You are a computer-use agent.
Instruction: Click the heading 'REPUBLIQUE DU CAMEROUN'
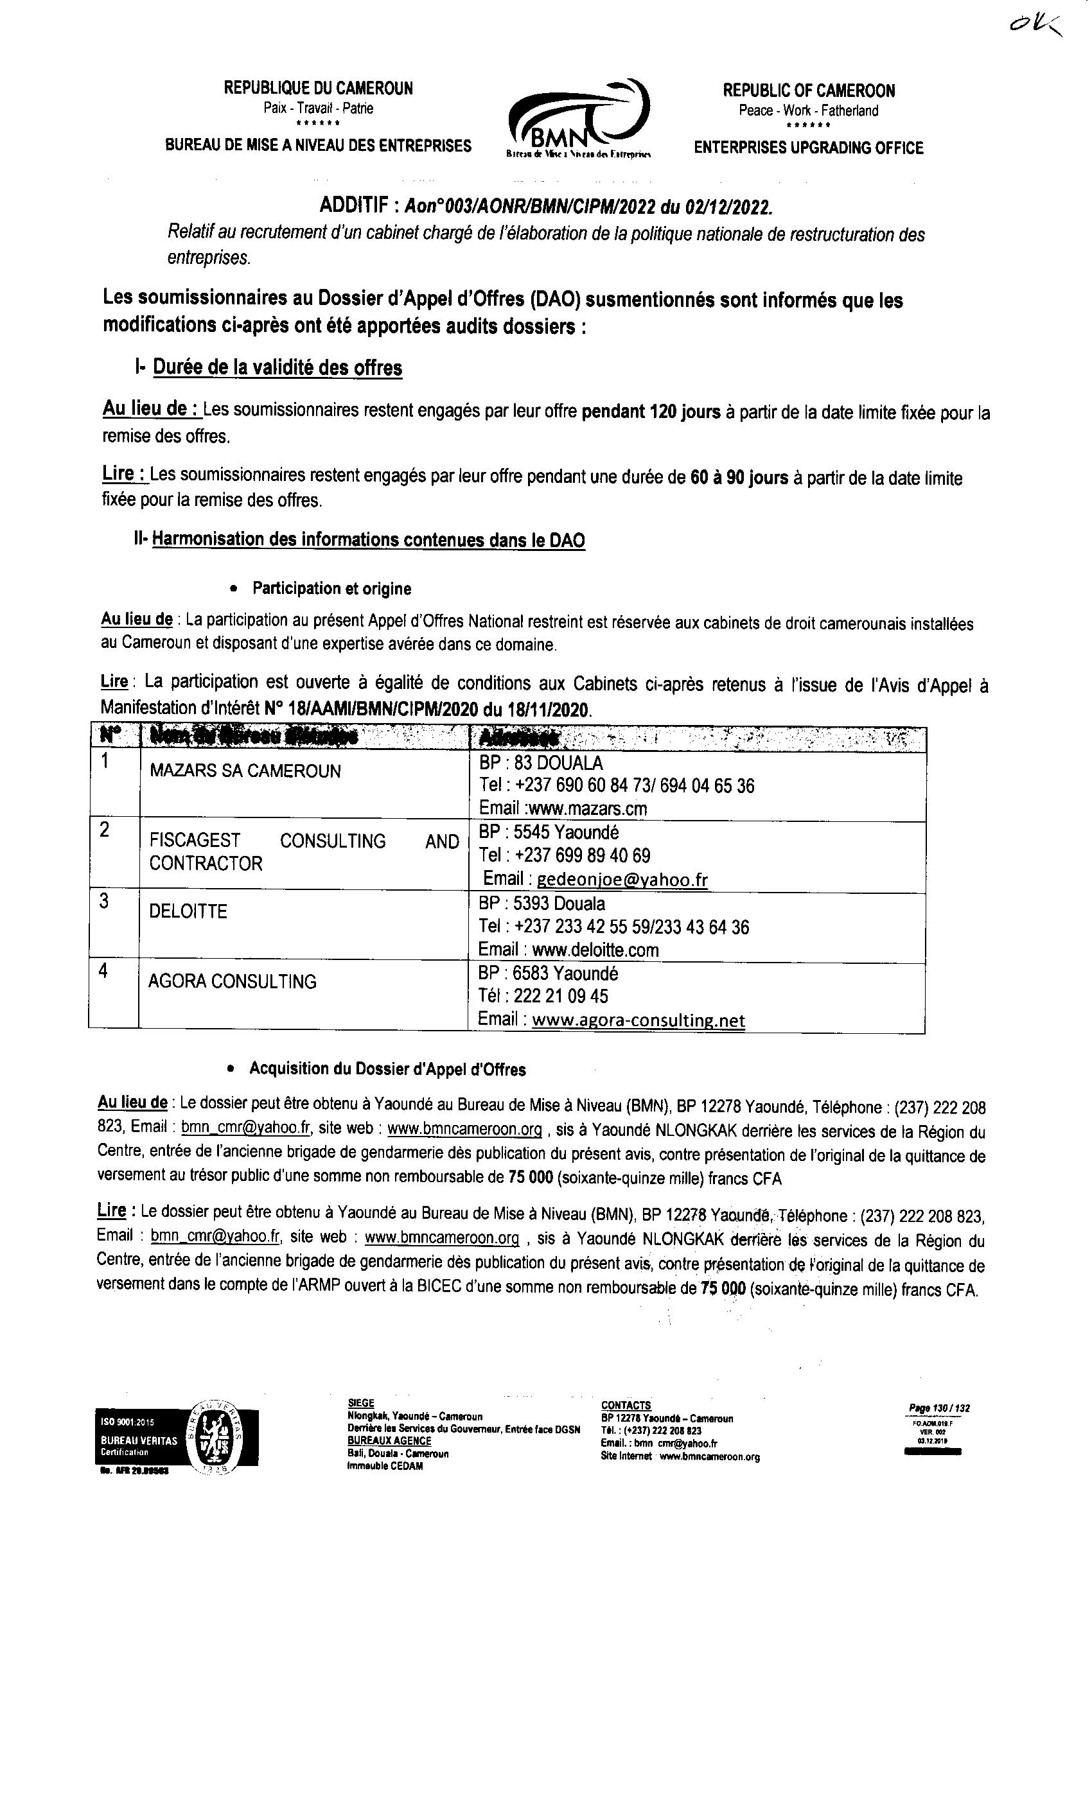(318, 89)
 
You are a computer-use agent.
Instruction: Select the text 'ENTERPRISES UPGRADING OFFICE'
(808, 148)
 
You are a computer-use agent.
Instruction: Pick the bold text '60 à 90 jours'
(739, 478)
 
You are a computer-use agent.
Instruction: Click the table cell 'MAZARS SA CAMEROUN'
(245, 771)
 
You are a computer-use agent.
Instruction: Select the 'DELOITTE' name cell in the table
(188, 911)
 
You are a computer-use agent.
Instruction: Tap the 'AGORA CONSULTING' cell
(232, 981)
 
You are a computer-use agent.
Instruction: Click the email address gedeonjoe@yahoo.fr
(622, 880)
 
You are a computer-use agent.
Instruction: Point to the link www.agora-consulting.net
(638, 1020)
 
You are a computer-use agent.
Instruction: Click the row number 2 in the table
(105, 830)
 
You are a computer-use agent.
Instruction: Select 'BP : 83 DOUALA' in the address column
(541, 764)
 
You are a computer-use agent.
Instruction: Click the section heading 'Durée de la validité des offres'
(277, 367)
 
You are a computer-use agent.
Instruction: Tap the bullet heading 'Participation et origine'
(331, 589)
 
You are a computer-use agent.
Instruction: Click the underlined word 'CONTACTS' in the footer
(626, 1406)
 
